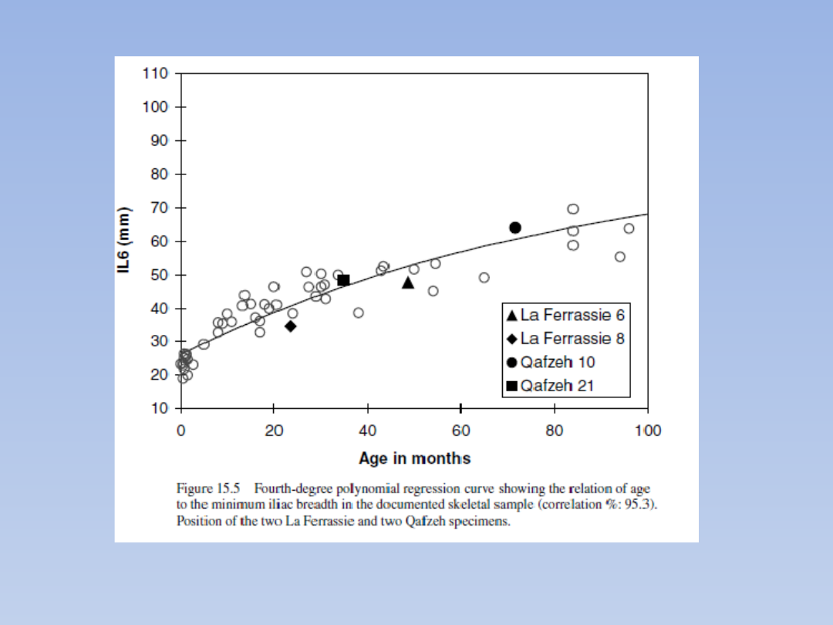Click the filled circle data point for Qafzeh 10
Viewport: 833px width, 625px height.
click(x=515, y=228)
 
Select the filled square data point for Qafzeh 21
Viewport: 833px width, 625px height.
click(x=344, y=280)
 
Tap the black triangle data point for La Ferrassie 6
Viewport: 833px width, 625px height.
click(x=408, y=283)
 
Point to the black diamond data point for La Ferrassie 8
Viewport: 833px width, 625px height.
click(x=291, y=326)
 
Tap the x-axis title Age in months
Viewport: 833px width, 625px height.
click(x=414, y=458)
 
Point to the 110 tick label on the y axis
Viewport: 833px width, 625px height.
click(x=155, y=74)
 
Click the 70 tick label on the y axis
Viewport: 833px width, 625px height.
click(x=159, y=208)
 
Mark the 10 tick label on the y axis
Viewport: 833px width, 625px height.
click(x=159, y=409)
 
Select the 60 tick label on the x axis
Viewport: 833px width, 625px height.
click(x=460, y=431)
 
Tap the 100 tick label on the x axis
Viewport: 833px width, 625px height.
click(x=648, y=431)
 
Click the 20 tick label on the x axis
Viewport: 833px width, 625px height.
click(x=274, y=431)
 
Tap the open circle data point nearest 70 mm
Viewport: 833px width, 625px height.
click(x=573, y=209)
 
